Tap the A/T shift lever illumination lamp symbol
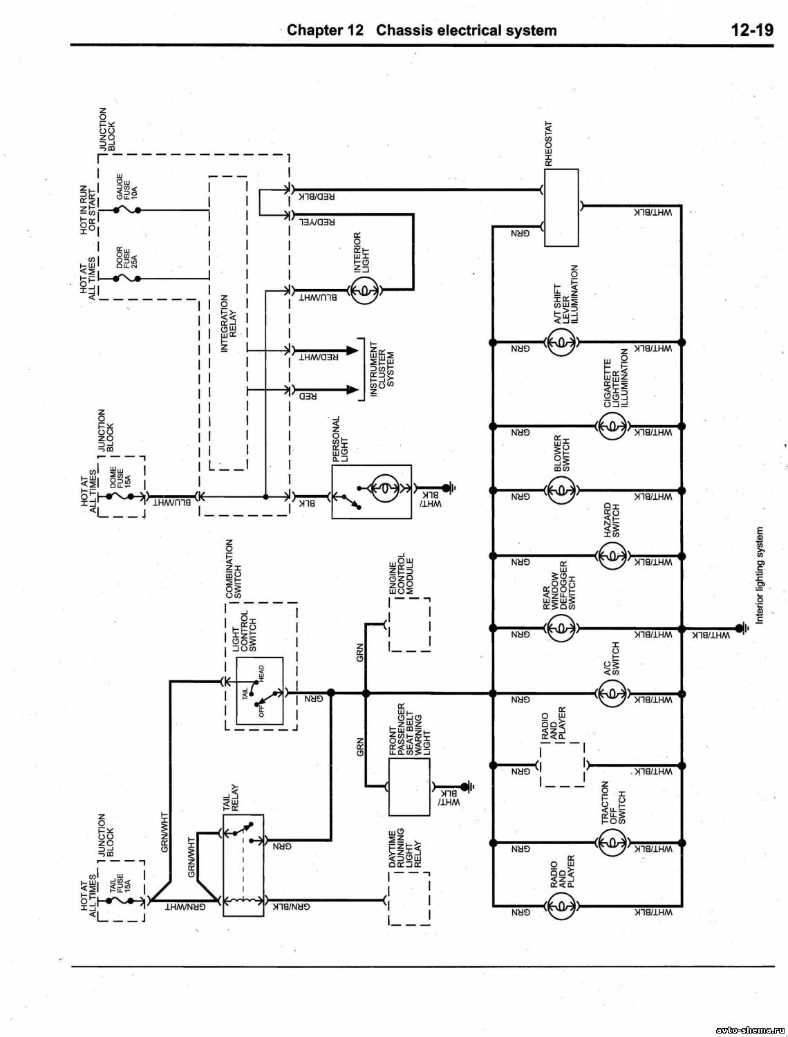coord(561,342)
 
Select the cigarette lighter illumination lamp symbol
coord(612,426)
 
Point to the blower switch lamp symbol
coord(561,491)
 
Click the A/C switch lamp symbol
coord(612,693)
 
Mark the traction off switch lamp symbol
coord(612,841)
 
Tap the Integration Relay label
coord(229,324)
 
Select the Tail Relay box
coord(243,865)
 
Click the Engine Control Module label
coord(401,577)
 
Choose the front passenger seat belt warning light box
coord(409,787)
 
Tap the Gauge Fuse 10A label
coord(127,187)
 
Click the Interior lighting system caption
coord(760,575)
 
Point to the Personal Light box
coord(371,491)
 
